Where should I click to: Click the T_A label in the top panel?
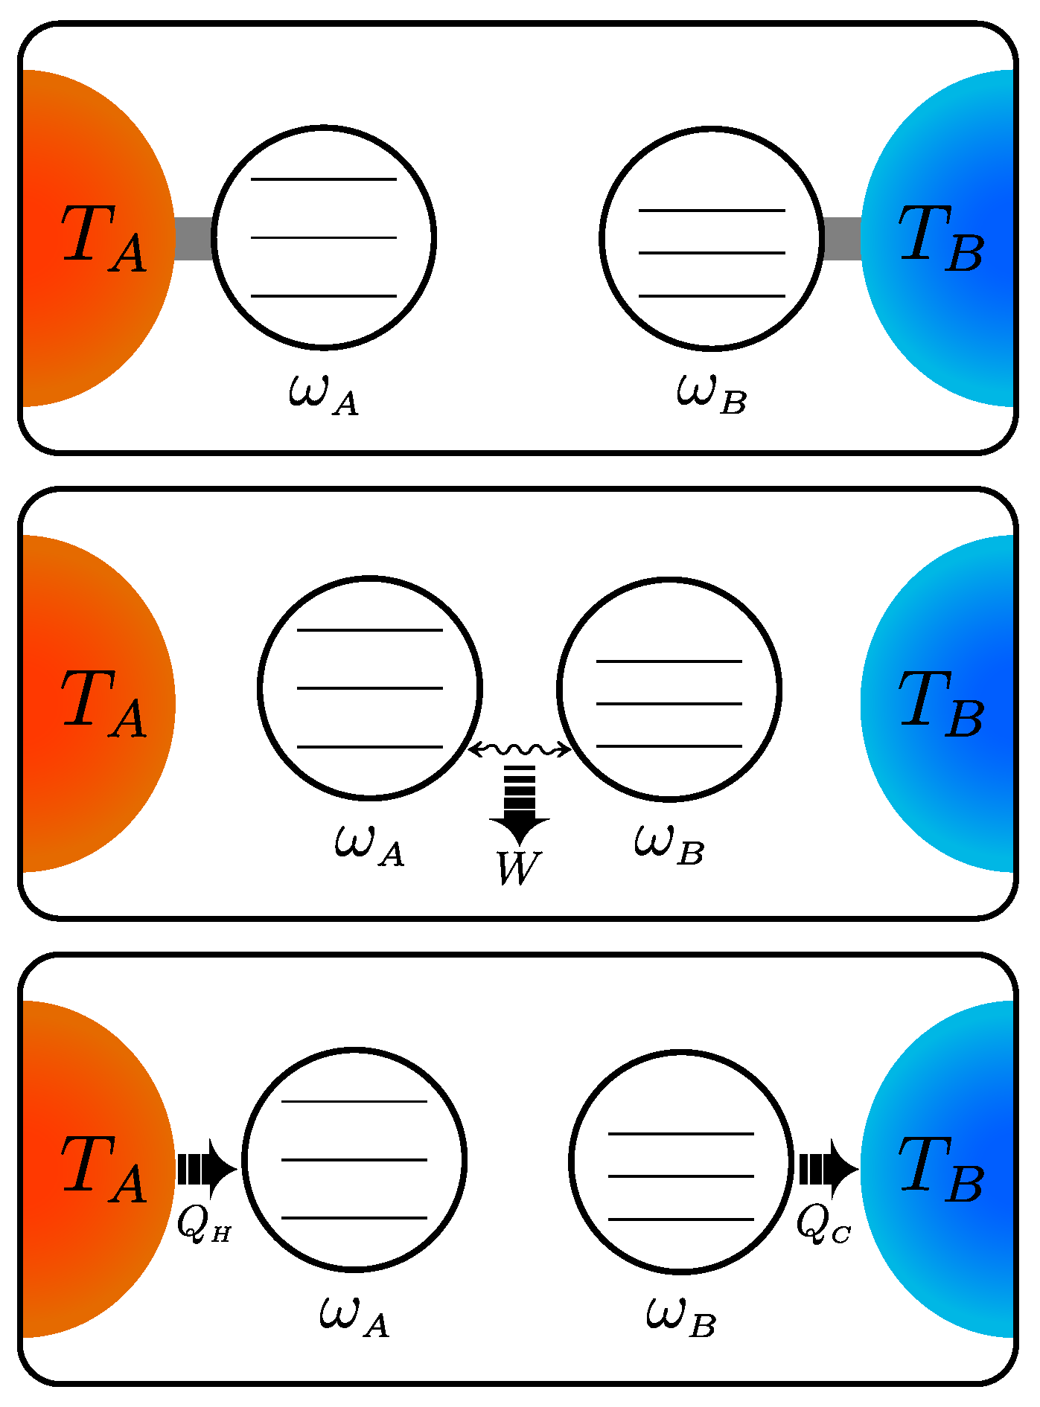pyautogui.click(x=103, y=238)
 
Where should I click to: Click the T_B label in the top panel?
pyautogui.click(x=941, y=238)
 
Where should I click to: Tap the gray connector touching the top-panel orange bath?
pyautogui.click(x=194, y=238)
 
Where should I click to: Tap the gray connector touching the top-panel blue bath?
pyautogui.click(x=843, y=238)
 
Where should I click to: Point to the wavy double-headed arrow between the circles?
pyautogui.click(x=520, y=749)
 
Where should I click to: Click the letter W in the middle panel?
pyautogui.click(x=518, y=868)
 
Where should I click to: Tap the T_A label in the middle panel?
pyautogui.click(x=103, y=703)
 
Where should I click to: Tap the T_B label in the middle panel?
pyautogui.click(x=941, y=703)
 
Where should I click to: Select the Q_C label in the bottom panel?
pyautogui.click(x=823, y=1224)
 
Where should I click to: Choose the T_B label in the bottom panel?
pyautogui.click(x=941, y=1170)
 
